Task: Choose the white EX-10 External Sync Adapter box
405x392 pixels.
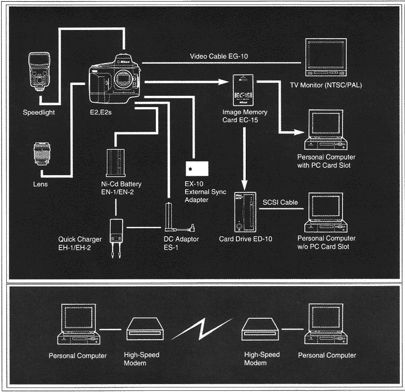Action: coord(196,169)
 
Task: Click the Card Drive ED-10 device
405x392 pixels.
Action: coord(245,213)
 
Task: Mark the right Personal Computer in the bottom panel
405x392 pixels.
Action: coord(326,326)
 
